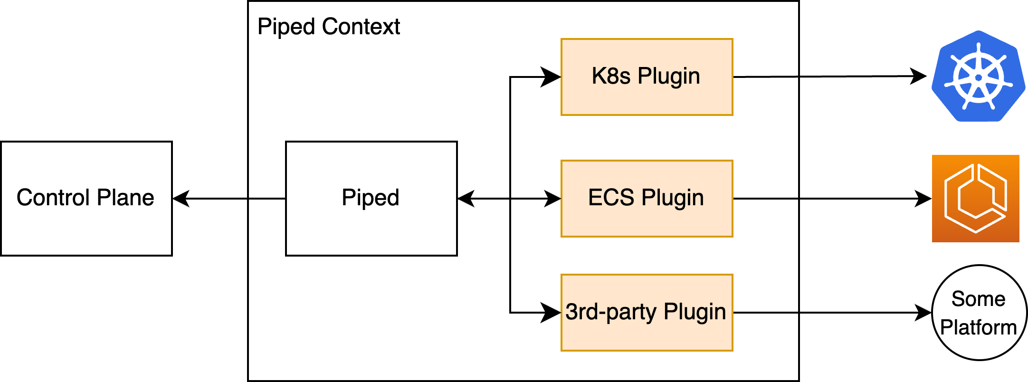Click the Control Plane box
(86, 198)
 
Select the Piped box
(371, 198)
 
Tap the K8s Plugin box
(647, 77)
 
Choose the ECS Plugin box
(647, 198)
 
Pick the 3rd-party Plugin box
(647, 313)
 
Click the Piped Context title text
(328, 27)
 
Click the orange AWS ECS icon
(975, 198)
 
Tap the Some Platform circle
(979, 313)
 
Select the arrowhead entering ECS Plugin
(552, 198)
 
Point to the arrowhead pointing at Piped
(466, 198)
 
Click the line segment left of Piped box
(267, 198)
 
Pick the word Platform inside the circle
(978, 327)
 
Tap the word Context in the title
(361, 27)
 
